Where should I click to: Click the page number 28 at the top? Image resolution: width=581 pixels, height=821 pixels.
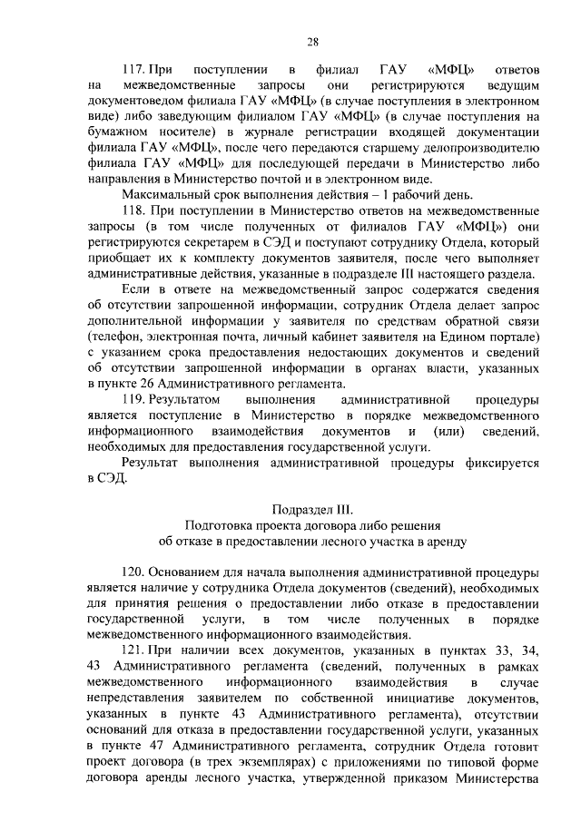[x=312, y=42]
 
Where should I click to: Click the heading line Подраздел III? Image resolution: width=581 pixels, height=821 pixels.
[x=312, y=510]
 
